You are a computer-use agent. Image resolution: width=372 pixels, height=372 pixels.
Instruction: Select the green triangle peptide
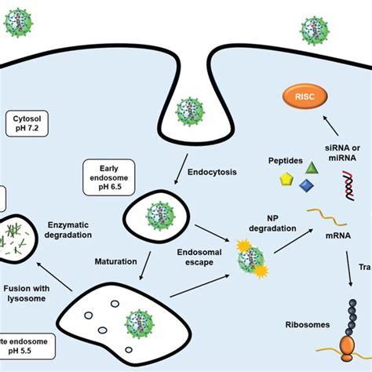pos(312,167)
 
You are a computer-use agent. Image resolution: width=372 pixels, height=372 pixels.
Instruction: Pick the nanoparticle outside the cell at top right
pos(313,30)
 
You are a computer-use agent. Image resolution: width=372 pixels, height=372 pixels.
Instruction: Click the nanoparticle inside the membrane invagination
pos(188,109)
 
